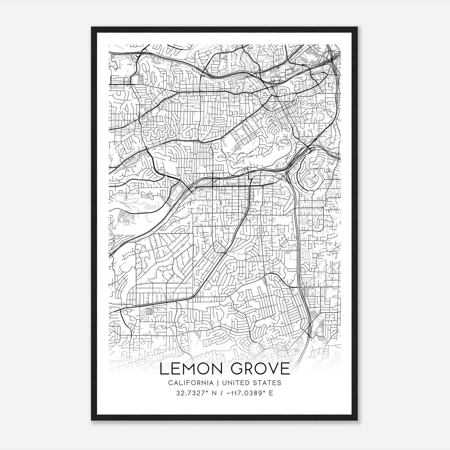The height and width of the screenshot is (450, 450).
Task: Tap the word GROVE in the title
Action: coord(258,369)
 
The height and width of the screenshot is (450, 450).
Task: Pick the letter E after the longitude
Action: coord(271,393)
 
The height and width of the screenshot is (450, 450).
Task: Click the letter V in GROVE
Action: coord(272,369)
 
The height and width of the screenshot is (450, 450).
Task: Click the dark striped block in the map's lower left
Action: coord(149,311)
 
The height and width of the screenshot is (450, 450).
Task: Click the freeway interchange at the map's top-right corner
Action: coord(332,56)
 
